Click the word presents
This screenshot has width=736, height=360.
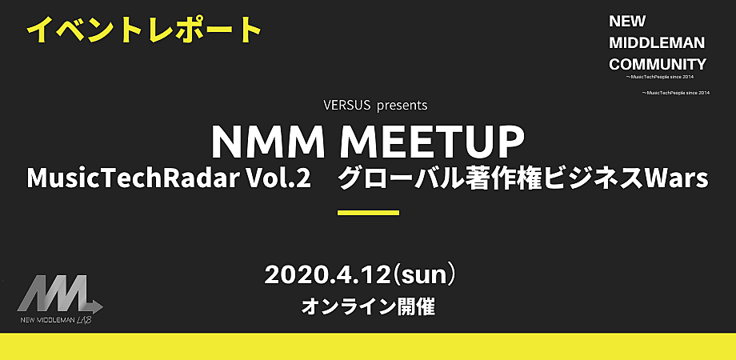402,106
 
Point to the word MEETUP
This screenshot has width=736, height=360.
432,142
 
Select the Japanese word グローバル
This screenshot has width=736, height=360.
389,179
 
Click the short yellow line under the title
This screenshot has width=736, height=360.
369,213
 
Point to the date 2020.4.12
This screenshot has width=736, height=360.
327,275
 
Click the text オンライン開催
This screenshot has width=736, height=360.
368,307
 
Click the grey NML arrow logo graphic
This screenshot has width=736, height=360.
60,294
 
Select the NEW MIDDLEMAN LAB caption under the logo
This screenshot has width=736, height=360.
56,321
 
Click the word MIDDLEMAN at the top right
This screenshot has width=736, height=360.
657,43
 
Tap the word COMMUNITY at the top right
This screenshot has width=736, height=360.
657,64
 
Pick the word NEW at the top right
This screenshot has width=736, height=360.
627,22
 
